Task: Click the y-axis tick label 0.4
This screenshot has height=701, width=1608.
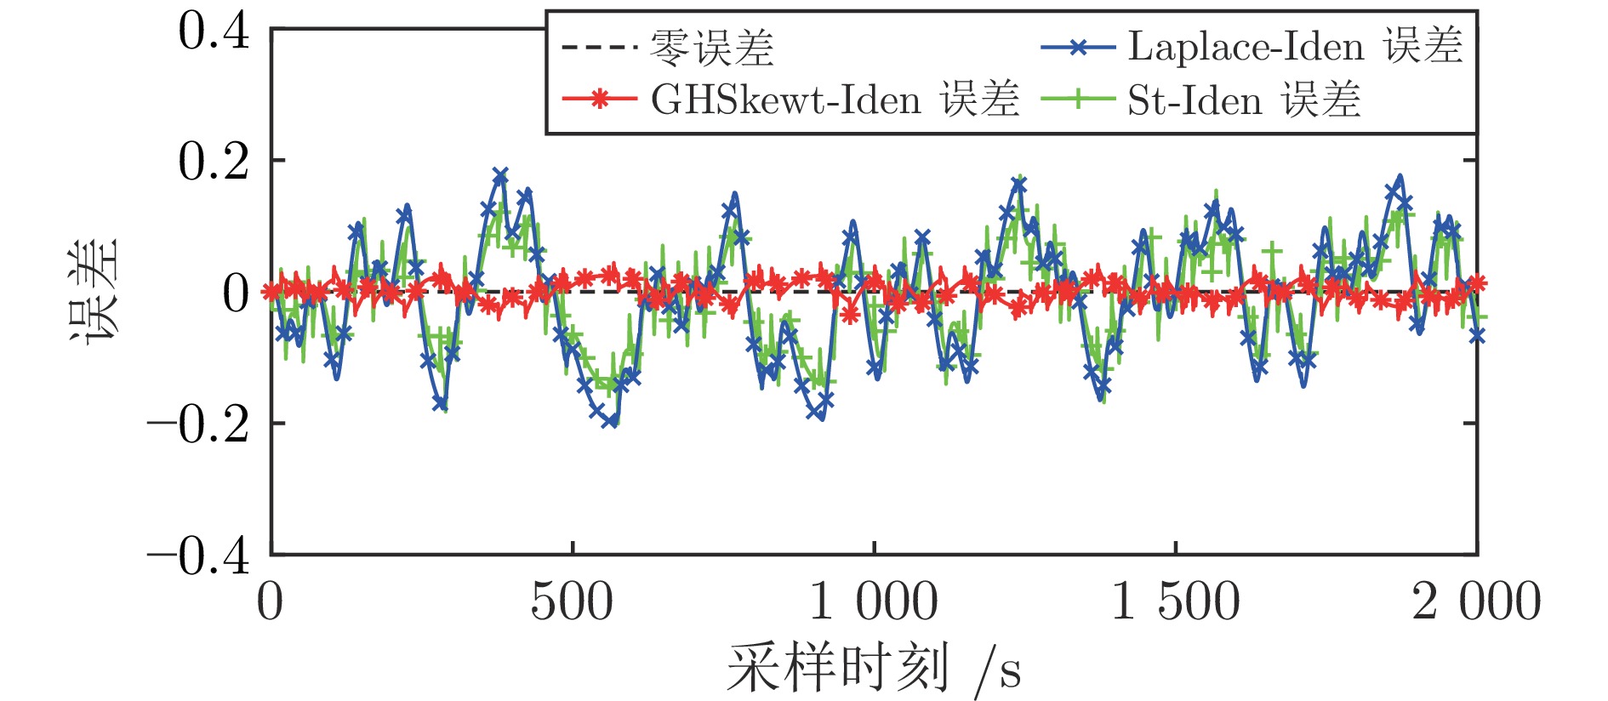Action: pos(214,31)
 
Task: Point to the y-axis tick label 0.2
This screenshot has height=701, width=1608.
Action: pos(214,162)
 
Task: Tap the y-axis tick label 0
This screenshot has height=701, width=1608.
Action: pos(236,294)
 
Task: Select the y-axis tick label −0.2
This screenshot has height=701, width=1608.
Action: pos(199,424)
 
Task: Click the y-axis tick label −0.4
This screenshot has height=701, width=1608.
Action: pos(199,556)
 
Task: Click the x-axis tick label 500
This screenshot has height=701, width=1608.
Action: pos(572,602)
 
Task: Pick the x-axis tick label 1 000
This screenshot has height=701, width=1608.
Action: pos(874,602)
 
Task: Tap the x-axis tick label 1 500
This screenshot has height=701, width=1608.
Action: pos(1176,602)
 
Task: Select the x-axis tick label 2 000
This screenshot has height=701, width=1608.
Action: pos(1476,602)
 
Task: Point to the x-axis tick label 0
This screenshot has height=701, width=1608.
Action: pos(271,602)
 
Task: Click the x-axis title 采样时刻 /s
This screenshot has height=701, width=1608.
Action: pos(874,669)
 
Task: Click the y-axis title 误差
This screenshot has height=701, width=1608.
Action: pos(94,290)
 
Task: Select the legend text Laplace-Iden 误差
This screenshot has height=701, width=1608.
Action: pos(1295,46)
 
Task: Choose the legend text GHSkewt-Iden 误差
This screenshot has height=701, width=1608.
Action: pos(835,100)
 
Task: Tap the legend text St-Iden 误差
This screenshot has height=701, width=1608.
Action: pos(1244,100)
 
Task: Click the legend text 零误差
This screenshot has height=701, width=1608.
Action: pos(711,48)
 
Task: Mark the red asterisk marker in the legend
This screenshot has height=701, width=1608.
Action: pos(600,100)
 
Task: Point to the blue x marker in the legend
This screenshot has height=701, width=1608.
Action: pos(1078,48)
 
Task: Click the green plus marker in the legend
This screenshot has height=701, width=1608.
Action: pos(1078,100)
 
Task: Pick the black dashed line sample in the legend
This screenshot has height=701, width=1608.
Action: pos(600,48)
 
